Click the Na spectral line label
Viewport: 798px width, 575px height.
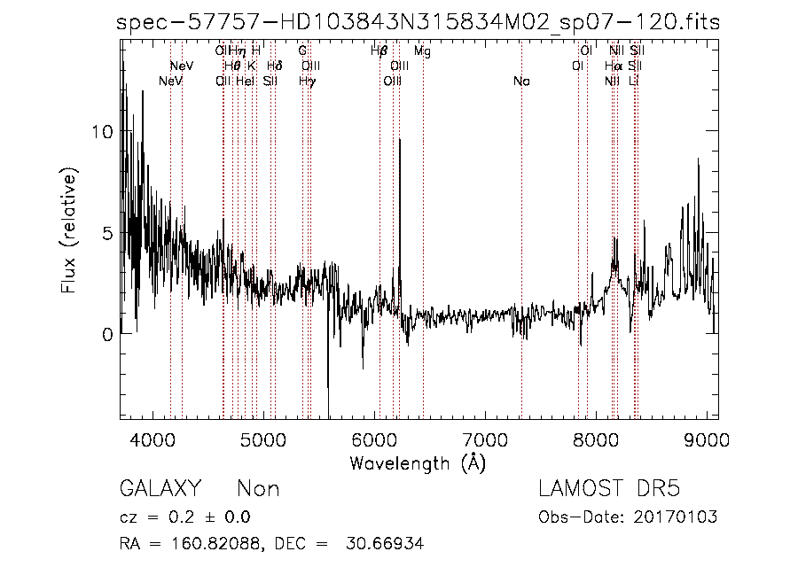[x=521, y=82]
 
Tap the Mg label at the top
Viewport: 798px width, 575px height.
[x=422, y=51]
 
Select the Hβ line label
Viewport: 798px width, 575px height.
[x=379, y=51]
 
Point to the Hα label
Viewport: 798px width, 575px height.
[x=613, y=66]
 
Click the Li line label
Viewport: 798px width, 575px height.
[x=633, y=82]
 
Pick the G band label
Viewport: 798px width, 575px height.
[x=302, y=51]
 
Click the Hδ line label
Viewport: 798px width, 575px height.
[x=274, y=66]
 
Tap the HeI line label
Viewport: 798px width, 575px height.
[x=246, y=82]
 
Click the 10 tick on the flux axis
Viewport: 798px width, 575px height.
[x=103, y=132]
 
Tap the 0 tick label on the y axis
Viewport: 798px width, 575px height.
[x=107, y=335]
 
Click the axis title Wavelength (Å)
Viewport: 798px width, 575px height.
[x=418, y=462]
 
